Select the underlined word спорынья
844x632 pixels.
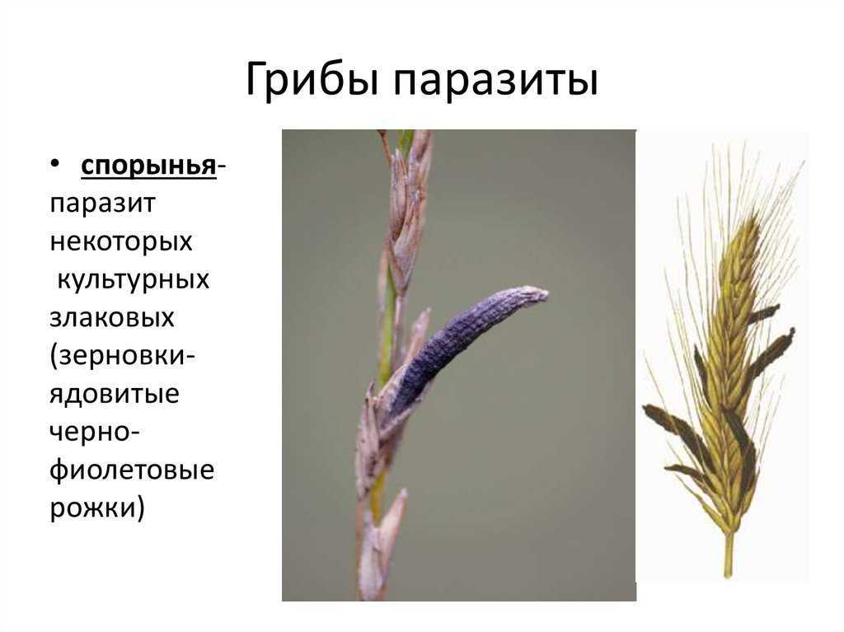coord(148,167)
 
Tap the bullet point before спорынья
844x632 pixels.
coord(55,162)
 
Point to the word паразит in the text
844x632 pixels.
coord(103,204)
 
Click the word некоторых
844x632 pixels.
coord(121,241)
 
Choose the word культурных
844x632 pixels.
coord(133,280)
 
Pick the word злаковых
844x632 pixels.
coord(112,317)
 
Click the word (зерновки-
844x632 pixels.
coord(123,356)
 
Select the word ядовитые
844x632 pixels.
coord(115,394)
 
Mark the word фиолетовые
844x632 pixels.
coord(132,470)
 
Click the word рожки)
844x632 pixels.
coord(97,508)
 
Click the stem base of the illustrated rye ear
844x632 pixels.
coord(728,555)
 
